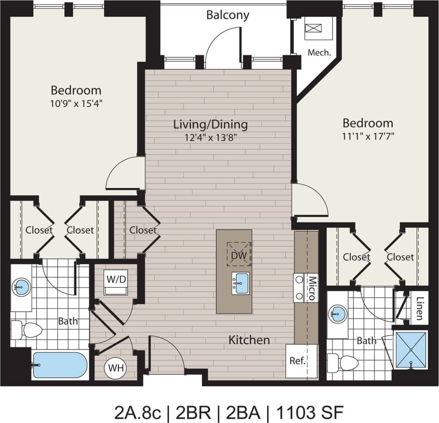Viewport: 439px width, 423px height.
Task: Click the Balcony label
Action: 227,15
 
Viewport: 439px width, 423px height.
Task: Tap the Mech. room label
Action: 319,53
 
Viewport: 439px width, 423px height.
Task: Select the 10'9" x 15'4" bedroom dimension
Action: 76,103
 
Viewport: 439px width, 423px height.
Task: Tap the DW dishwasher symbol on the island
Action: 239,255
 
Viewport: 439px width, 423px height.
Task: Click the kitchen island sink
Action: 241,283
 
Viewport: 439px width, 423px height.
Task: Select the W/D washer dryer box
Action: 116,279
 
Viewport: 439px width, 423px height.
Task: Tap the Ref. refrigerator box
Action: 297,361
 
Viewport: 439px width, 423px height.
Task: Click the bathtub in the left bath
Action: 60,365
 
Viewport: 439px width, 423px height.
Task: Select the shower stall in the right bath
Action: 411,350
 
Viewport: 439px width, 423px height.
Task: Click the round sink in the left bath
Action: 21,285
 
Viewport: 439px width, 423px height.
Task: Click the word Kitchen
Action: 249,340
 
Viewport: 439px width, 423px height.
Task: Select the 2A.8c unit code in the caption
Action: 137,412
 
